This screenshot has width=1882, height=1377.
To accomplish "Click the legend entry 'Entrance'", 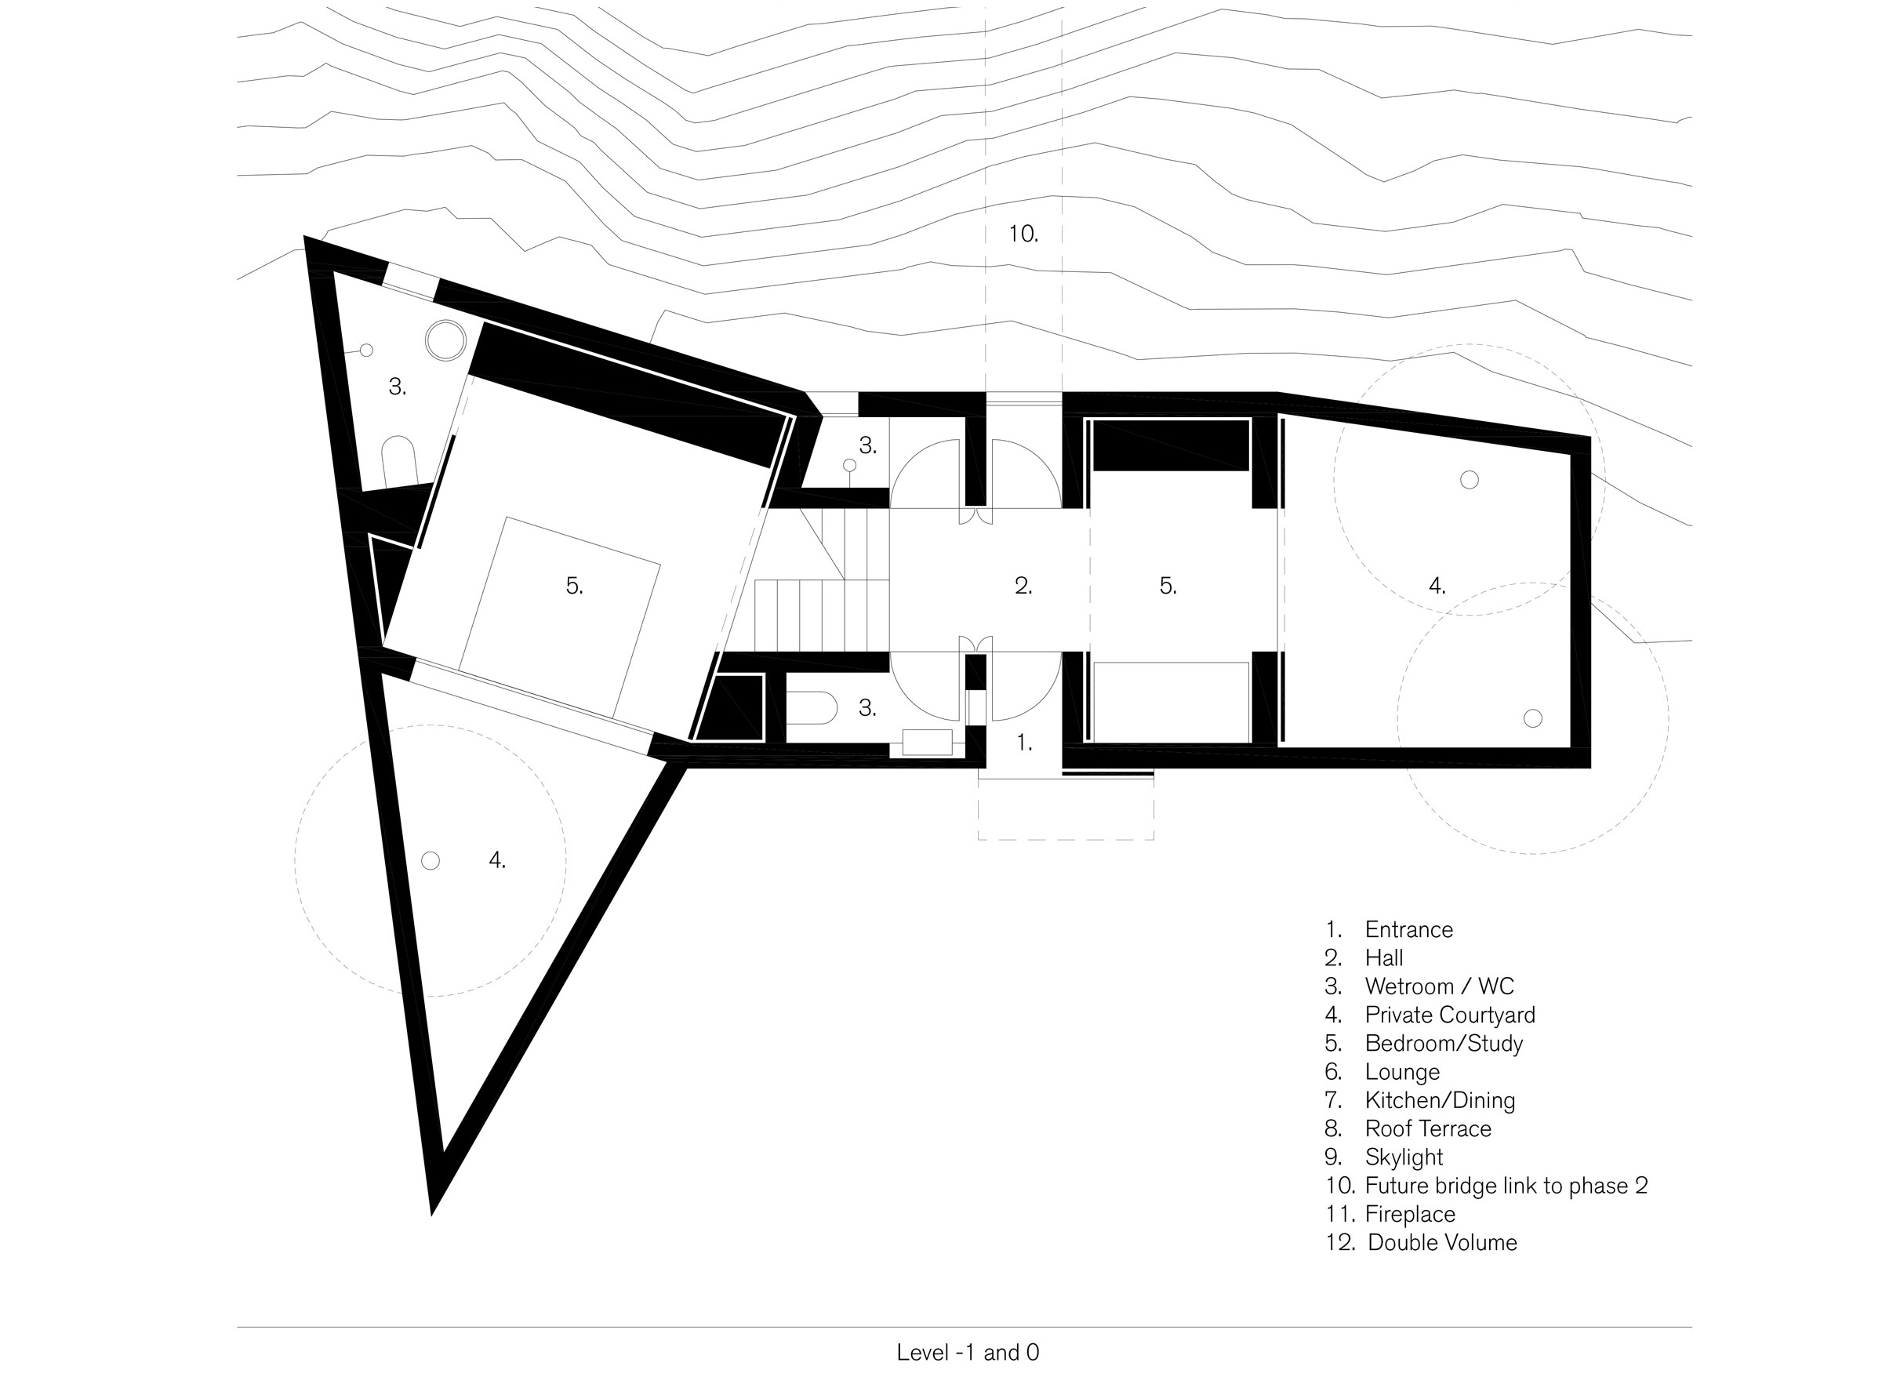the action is click(x=1408, y=930).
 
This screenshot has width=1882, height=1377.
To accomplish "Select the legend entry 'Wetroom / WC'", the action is click(x=1440, y=987).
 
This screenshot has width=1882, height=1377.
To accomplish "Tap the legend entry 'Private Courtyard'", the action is click(x=1450, y=1015).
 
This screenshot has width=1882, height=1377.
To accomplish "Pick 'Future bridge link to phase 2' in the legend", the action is click(x=1507, y=1186).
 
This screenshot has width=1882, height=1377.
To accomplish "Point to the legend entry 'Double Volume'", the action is click(x=1443, y=1243).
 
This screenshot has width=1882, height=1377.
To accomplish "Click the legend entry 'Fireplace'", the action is click(x=1410, y=1215).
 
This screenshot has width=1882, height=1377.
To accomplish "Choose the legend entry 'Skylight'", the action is click(x=1404, y=1157).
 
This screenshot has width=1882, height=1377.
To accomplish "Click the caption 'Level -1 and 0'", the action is click(x=968, y=1353).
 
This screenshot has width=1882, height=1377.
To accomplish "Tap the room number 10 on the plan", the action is click(x=1023, y=234).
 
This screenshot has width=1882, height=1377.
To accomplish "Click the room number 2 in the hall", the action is click(x=1023, y=586).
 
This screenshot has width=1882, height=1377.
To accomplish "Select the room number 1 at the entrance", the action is click(x=1024, y=743).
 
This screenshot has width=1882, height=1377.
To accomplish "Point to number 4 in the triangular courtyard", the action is click(x=496, y=860).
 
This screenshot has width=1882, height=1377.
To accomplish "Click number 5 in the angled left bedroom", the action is click(x=574, y=586).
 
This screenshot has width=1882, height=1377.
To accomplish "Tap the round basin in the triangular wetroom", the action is click(x=445, y=340).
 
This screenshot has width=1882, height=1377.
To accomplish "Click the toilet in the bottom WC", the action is click(x=812, y=707).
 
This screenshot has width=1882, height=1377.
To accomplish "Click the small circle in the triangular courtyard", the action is click(x=430, y=860).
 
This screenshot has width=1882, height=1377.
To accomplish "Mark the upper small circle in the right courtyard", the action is click(x=1470, y=479).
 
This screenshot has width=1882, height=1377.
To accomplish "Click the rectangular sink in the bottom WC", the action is click(x=927, y=742).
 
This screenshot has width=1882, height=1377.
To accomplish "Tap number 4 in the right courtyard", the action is click(x=1437, y=586).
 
